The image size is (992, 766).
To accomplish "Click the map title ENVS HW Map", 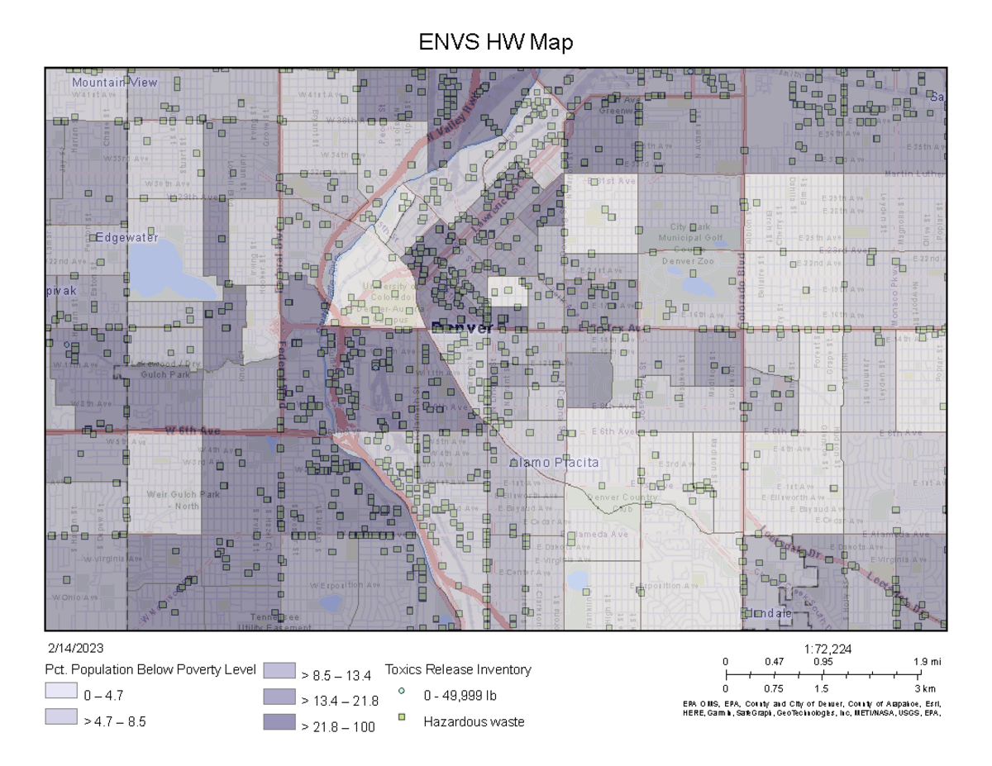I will (495, 42).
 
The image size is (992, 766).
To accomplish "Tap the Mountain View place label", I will (114, 83).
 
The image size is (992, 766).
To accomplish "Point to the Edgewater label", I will (126, 237).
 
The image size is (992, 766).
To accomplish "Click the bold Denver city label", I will (462, 328).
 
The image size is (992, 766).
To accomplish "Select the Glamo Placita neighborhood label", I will (554, 463).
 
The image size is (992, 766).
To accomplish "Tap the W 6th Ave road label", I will (193, 431).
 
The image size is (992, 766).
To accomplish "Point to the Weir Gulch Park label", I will (172, 495).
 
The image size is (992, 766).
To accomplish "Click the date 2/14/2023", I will (76, 649).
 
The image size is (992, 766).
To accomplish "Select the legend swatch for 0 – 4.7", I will (61, 695).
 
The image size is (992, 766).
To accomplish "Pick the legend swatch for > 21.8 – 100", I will (279, 722).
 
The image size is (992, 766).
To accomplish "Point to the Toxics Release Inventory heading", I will (458, 669).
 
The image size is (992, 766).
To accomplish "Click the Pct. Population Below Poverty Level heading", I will (150, 669).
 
